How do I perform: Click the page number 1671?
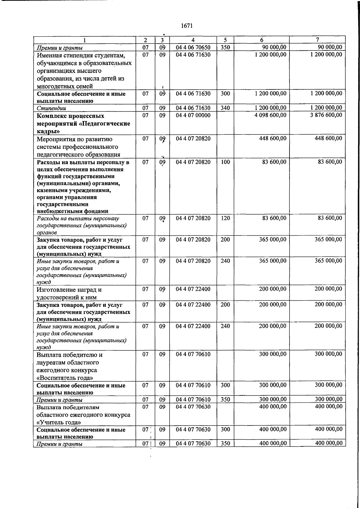[187, 26]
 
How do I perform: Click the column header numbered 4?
[193, 40]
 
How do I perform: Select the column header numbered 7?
[317, 40]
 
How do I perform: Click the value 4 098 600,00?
[270, 115]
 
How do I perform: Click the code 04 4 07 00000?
[193, 115]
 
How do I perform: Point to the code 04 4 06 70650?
[193, 47]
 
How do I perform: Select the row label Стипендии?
[51, 108]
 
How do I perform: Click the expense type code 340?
[225, 108]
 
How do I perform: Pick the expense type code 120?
[225, 218]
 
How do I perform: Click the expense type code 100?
[225, 162]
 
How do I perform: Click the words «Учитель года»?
[58, 422]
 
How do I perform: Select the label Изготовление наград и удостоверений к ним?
[69, 293]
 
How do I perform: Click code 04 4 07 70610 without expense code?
[193, 354]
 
